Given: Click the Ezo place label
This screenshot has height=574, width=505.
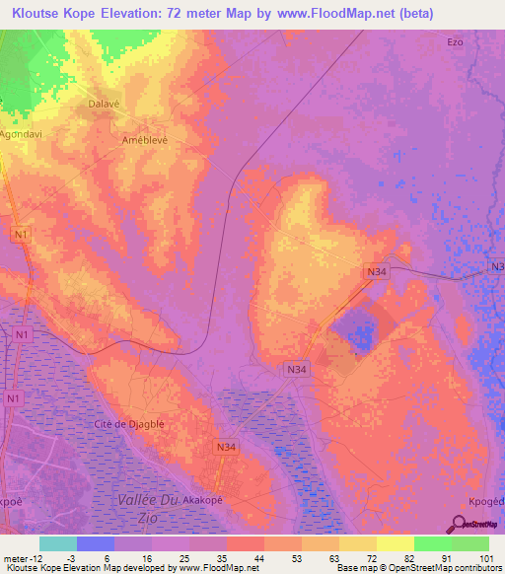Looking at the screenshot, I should click(455, 42).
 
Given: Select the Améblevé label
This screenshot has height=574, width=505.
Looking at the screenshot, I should click(142, 140).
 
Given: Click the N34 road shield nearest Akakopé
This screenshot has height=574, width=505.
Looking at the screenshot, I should click(226, 447).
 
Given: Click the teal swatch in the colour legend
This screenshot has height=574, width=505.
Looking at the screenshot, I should click(58, 543).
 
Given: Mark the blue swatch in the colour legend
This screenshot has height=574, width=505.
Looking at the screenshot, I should click(96, 543).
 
